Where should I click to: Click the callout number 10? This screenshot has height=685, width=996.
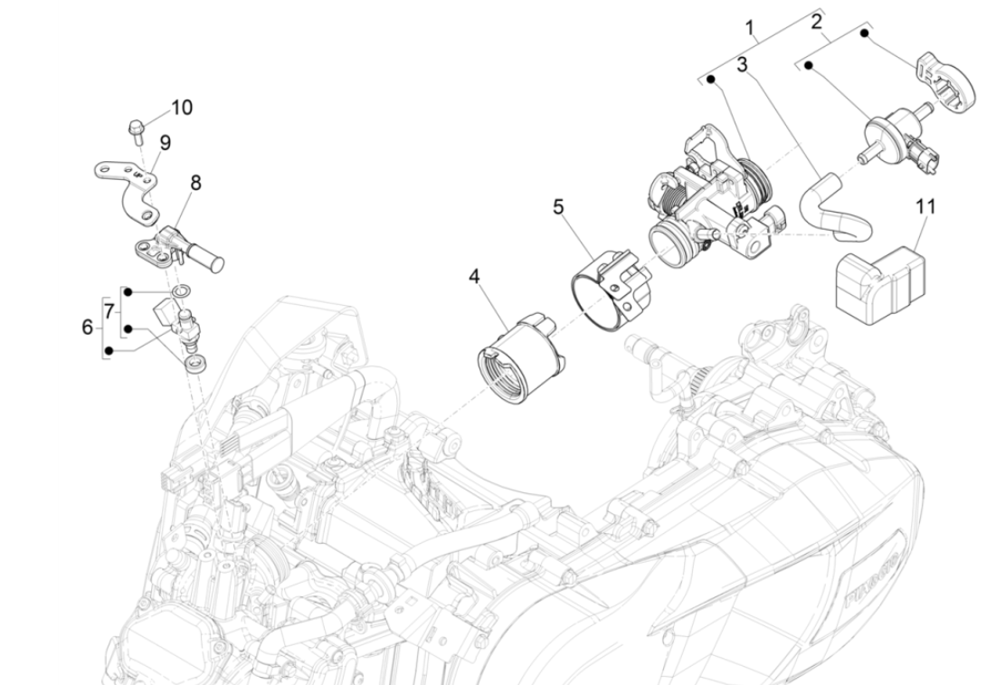(182, 108)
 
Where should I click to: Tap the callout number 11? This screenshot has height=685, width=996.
(925, 207)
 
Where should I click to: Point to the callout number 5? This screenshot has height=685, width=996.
(558, 207)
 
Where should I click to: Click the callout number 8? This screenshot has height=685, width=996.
(195, 183)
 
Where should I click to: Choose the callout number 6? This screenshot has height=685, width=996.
(88, 328)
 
